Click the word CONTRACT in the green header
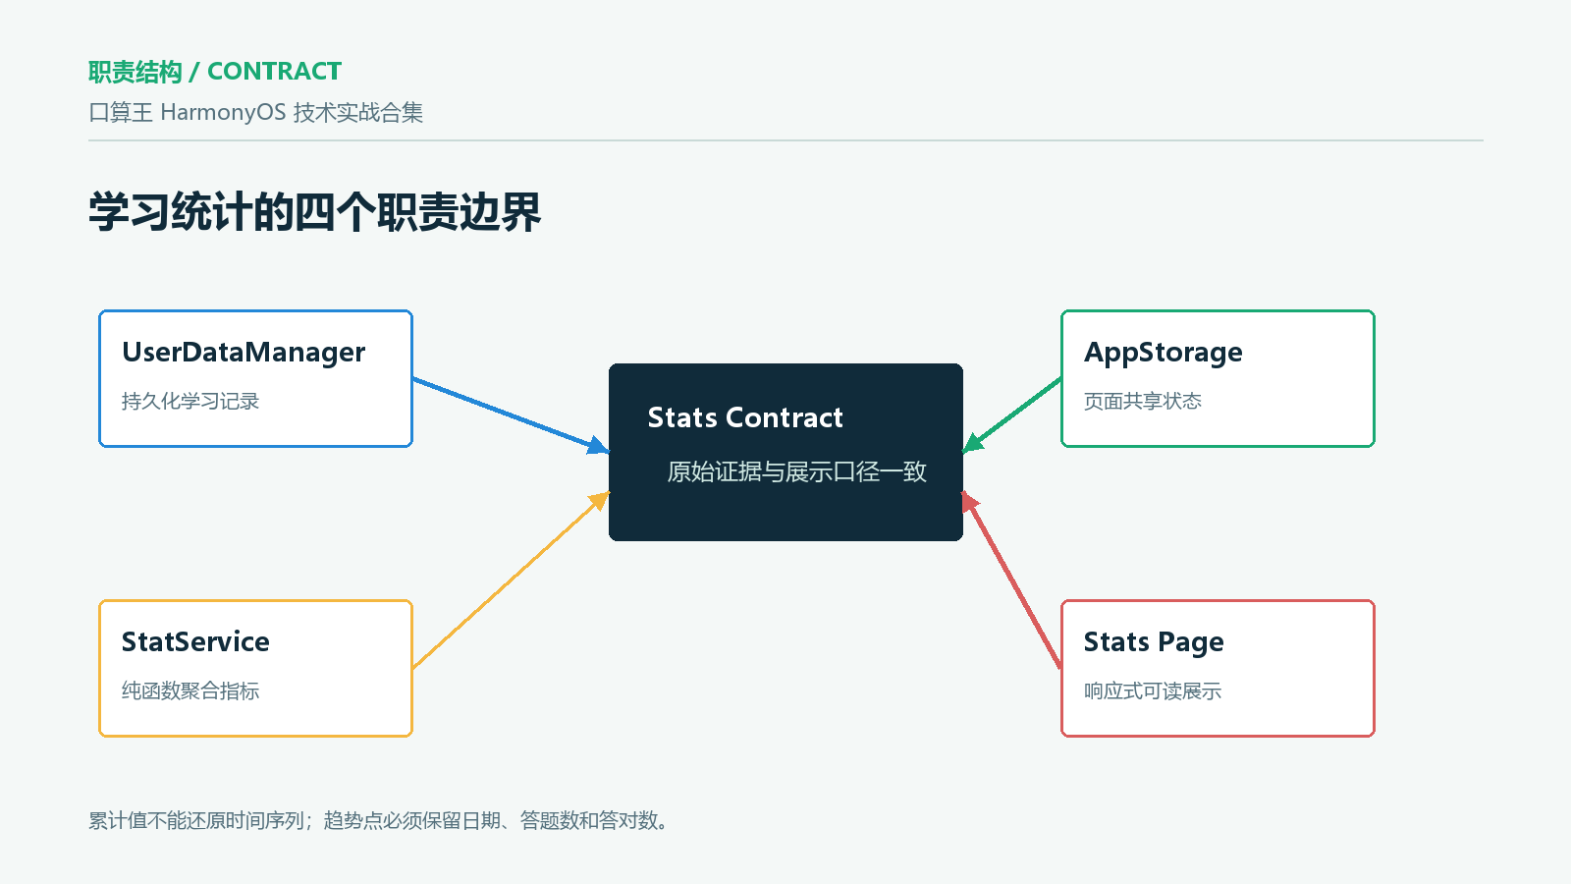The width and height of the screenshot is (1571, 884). pos(274,72)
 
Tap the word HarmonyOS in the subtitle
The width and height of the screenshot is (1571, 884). pos(223,112)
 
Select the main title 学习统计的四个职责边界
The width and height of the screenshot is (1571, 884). pos(314,212)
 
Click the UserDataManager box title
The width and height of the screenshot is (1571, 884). pos(244,353)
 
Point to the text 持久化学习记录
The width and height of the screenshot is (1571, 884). pos(190,402)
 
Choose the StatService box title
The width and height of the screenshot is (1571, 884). pos(195,642)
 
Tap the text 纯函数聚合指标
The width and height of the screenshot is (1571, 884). pos(190,691)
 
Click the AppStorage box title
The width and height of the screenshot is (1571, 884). pos(1163,353)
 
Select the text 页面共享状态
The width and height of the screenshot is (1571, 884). pos(1143,402)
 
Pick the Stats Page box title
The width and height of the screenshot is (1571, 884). pos(1154,642)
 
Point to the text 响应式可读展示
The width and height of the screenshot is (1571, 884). pos(1153,691)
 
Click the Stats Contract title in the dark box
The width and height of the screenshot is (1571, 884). pos(745,417)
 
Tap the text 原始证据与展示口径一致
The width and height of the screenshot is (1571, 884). pos(796,471)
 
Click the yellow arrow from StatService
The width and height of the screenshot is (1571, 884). pos(512,580)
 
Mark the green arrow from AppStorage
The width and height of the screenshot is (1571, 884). pos(1012,415)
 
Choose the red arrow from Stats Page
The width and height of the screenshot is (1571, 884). pos(1012,580)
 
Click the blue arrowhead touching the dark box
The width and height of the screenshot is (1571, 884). pos(599,446)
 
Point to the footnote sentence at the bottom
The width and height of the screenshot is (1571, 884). pos(379,820)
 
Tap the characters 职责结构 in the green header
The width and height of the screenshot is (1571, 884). pos(135,72)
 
